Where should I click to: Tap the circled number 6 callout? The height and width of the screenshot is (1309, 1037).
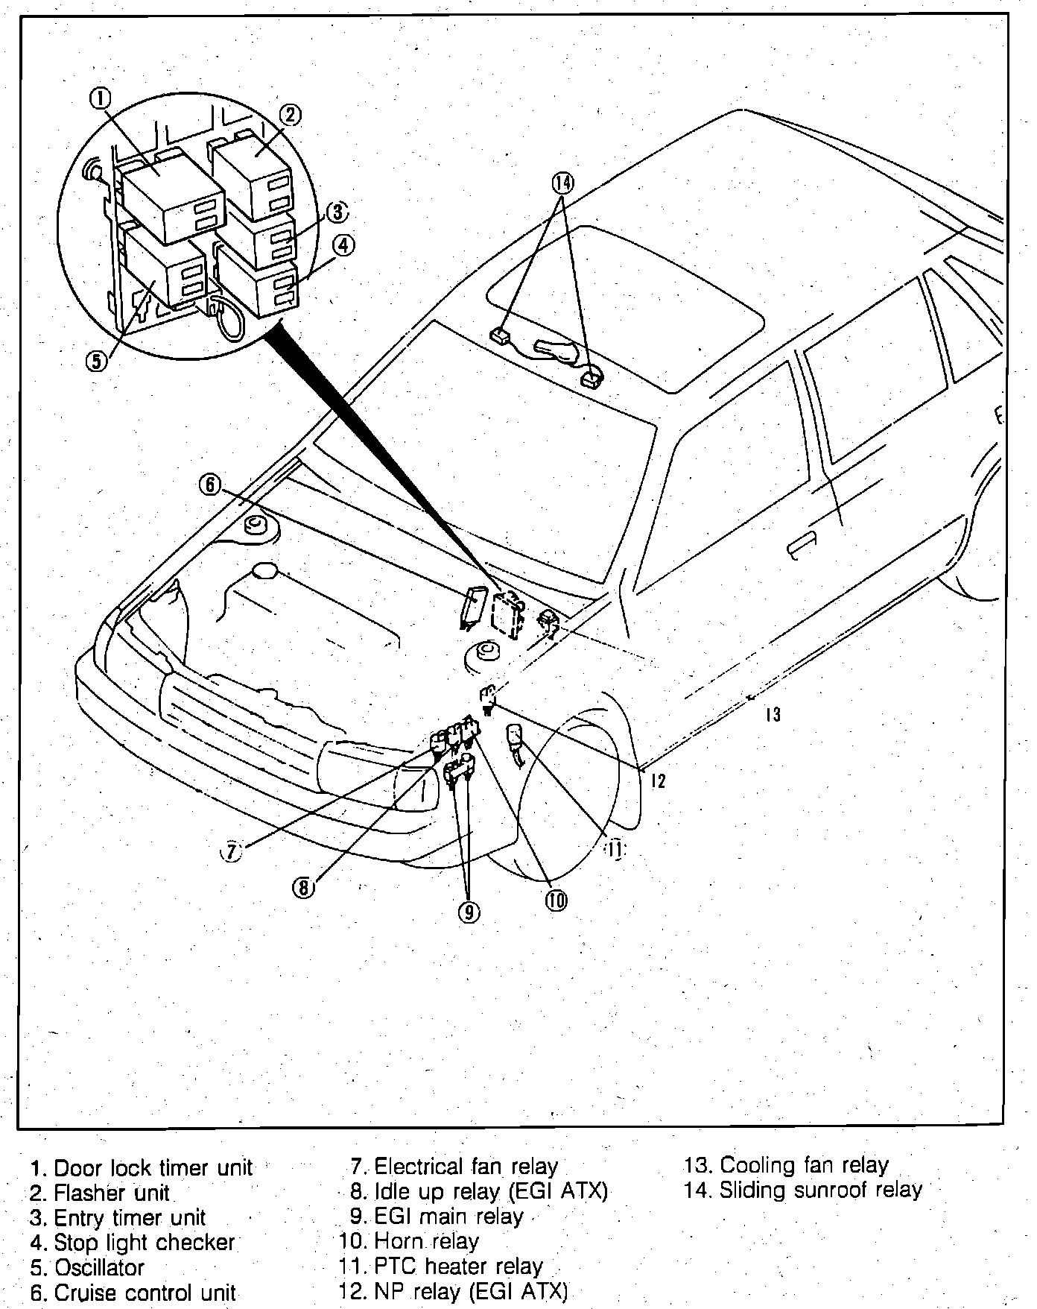(x=210, y=485)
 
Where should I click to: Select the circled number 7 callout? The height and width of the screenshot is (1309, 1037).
(x=232, y=851)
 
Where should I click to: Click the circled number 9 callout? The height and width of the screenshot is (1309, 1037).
(x=469, y=911)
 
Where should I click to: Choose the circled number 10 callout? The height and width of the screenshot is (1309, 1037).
(x=556, y=900)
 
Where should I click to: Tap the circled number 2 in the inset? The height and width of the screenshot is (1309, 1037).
(x=291, y=114)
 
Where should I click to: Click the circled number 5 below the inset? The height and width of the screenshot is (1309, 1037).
(x=97, y=361)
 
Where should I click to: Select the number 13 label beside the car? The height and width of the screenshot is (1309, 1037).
(x=773, y=715)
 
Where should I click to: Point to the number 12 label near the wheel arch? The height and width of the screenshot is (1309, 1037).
(x=657, y=780)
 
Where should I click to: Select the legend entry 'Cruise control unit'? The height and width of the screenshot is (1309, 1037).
(x=145, y=1292)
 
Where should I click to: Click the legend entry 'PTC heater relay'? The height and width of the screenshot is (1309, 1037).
(x=457, y=1267)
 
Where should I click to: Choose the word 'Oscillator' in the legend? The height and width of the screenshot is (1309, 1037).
(x=99, y=1267)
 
